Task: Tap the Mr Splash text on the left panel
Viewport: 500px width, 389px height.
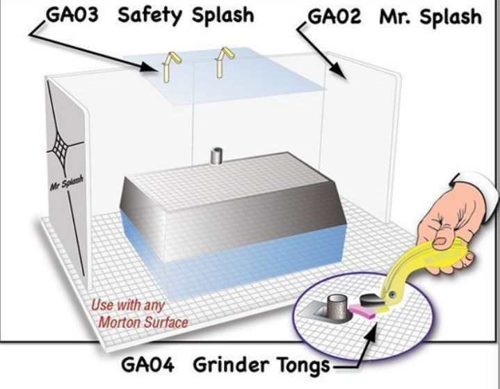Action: [x=66, y=184]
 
